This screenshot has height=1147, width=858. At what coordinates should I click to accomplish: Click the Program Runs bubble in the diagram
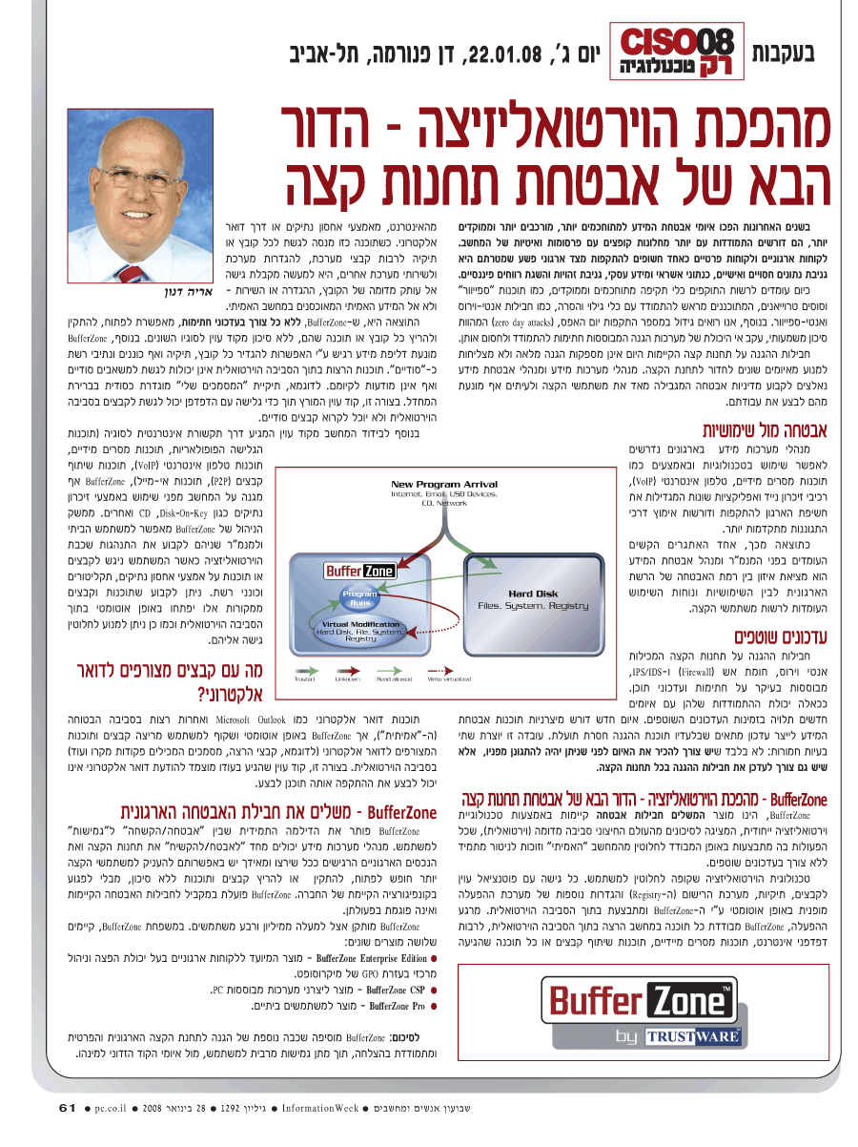click(x=360, y=598)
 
